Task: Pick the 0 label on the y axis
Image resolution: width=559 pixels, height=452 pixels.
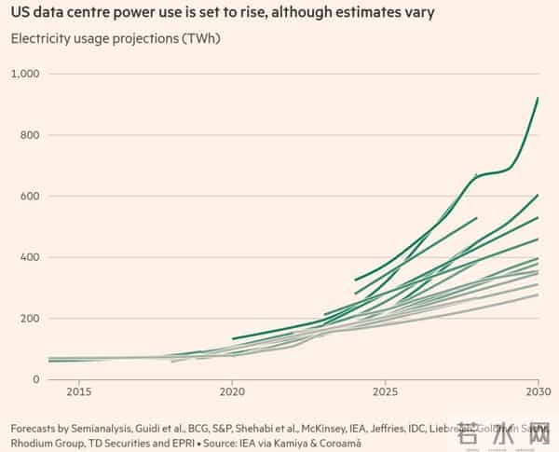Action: (39, 379)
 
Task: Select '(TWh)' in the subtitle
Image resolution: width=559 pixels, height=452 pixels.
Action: (200, 38)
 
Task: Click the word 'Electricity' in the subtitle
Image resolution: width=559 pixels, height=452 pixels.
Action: (39, 38)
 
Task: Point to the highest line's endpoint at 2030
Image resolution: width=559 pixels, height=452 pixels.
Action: (539, 98)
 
